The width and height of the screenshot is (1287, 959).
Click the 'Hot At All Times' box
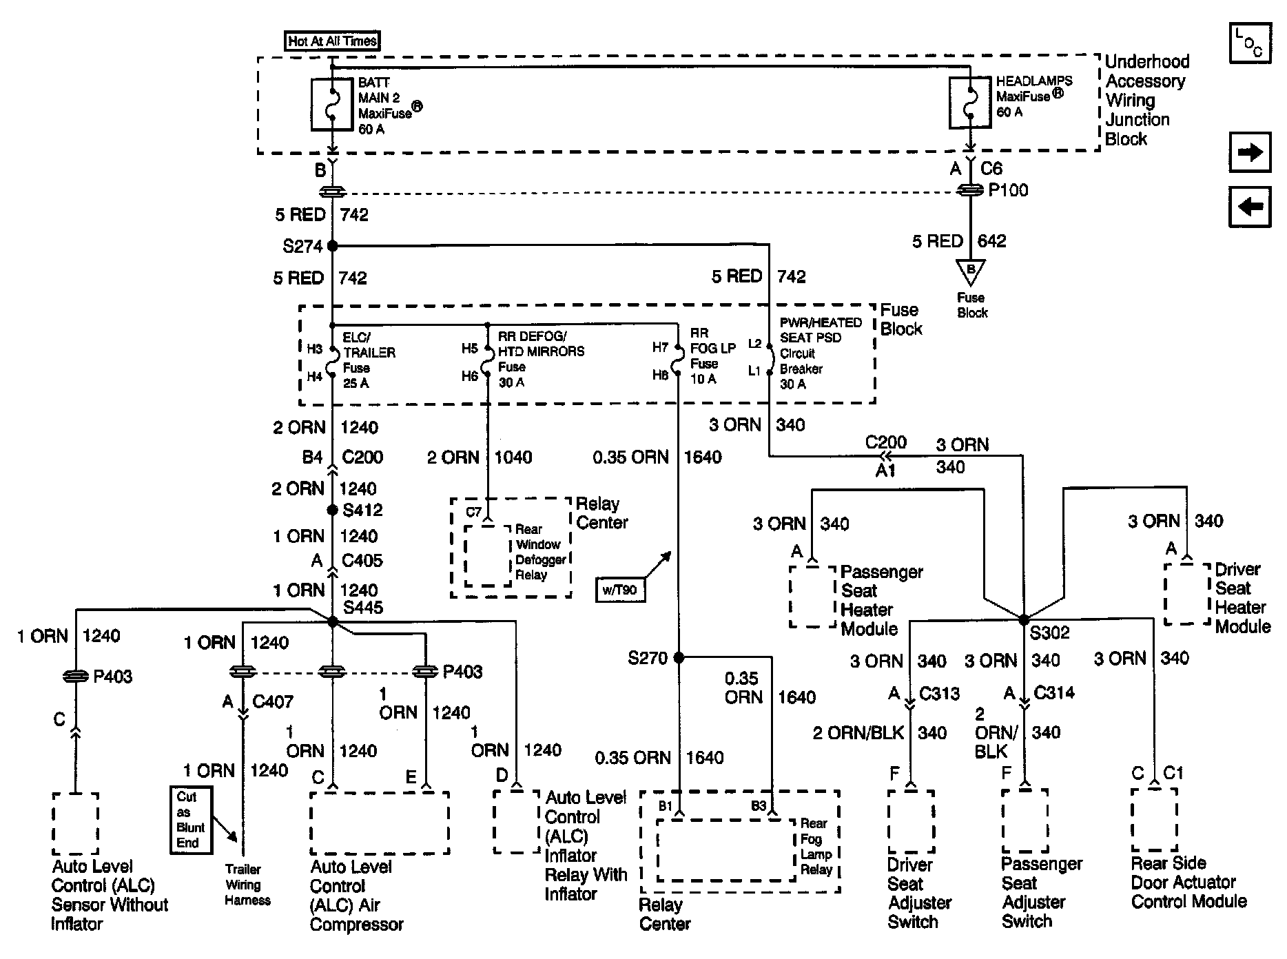click(x=333, y=41)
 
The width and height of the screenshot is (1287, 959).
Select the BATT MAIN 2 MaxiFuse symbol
click(x=332, y=104)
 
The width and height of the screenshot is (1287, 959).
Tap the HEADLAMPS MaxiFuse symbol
click(x=970, y=103)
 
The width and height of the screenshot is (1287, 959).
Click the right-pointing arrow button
click(x=1250, y=152)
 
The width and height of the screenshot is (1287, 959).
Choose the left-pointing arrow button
click(x=1250, y=206)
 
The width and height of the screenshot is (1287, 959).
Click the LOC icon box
click(x=1250, y=43)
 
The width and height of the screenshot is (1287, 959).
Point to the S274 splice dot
click(x=333, y=245)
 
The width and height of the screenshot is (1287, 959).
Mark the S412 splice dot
click(x=333, y=511)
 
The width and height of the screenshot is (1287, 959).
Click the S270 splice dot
click(x=679, y=657)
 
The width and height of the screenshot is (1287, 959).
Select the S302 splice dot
click(x=1024, y=619)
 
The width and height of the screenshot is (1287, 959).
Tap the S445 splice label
click(x=363, y=608)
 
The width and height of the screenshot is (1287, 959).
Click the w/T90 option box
click(x=621, y=590)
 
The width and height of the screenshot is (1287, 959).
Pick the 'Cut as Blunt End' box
click(x=191, y=820)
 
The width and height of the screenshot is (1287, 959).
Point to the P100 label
click(x=1008, y=190)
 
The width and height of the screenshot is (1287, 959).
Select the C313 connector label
click(x=939, y=693)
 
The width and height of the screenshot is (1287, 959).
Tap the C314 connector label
click(x=1054, y=692)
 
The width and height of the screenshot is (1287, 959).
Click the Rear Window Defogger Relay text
click(x=541, y=552)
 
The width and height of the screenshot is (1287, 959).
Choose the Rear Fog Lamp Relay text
click(x=816, y=846)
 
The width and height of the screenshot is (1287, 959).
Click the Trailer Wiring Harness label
click(x=247, y=885)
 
